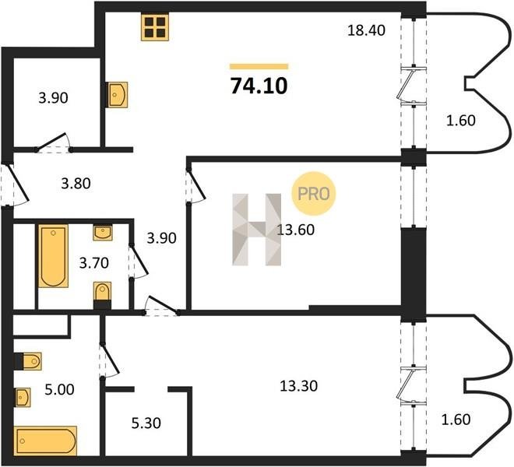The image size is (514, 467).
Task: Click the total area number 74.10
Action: (x=259, y=86)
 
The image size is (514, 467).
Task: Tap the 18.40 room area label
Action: (x=366, y=30)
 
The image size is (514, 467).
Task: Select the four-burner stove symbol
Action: (x=155, y=27)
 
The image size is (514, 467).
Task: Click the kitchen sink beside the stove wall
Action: (x=118, y=95)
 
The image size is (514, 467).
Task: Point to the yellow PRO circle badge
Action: (x=314, y=193)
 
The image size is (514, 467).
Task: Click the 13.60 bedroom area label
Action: (x=296, y=230)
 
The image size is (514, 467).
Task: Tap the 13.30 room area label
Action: (x=298, y=386)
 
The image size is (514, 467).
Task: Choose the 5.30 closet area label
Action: (x=146, y=423)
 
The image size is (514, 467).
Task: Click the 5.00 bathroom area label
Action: (x=59, y=390)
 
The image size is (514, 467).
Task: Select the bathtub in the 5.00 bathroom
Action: (x=47, y=441)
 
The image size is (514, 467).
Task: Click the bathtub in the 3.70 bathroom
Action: (x=53, y=256)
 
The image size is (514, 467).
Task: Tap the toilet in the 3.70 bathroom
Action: (x=102, y=295)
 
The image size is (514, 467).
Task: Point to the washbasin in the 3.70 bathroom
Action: (x=103, y=233)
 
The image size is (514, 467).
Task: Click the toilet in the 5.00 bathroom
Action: (x=28, y=361)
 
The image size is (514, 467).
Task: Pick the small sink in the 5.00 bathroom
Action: (x=23, y=398)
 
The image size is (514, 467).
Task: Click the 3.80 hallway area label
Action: (x=76, y=184)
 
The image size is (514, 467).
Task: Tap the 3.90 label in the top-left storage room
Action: (x=53, y=98)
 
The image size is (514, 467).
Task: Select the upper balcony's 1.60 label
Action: (x=461, y=121)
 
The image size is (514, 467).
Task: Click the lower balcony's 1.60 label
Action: (x=456, y=420)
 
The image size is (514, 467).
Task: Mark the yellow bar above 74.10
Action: (x=259, y=66)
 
